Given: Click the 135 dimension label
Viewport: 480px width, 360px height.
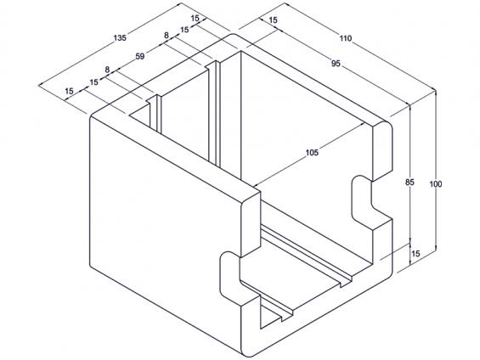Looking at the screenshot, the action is tap(120, 38).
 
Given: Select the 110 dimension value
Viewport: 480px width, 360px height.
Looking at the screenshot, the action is tap(346, 38).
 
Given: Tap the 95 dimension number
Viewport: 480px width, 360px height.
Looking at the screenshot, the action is tap(336, 64).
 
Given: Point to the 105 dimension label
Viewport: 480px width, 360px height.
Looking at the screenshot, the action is tap(312, 152).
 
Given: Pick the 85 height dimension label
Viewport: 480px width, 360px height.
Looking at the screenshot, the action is tap(409, 183).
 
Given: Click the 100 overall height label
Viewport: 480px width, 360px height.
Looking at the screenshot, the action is tap(436, 184).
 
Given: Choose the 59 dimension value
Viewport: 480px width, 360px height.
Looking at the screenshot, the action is tap(140, 57).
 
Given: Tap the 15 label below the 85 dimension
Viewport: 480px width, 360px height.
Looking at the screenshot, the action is tap(415, 254).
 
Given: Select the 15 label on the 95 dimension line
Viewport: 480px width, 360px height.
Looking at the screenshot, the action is tap(273, 20).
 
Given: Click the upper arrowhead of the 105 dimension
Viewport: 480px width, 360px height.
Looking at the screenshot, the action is tap(362, 124).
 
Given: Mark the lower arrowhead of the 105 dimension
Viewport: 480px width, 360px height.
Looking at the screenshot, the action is tap(257, 184).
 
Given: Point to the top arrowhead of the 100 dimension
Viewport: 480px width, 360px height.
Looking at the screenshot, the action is tap(436, 92).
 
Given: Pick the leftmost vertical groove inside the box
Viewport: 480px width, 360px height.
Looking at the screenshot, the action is tap(155, 113).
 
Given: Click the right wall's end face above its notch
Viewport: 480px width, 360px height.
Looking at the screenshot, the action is tap(382, 151).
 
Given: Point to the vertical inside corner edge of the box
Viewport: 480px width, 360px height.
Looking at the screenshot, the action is tap(240, 115).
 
